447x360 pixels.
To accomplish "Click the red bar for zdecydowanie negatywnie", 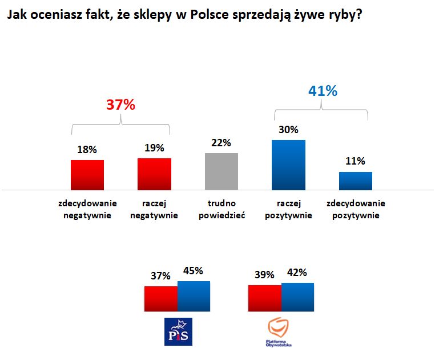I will [x=87, y=174].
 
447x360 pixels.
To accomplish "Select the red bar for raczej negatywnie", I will [x=154, y=174].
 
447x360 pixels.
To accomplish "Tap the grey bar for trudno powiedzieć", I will [x=221, y=171].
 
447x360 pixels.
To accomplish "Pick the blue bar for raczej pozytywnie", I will [x=288, y=165].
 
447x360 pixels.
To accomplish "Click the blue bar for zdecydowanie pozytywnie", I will [x=356, y=181].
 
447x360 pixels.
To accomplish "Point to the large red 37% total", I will [x=120, y=105].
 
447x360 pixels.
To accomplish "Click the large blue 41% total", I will [x=323, y=91].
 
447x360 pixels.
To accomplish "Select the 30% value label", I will [x=288, y=130].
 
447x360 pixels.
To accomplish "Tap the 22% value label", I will [x=221, y=143].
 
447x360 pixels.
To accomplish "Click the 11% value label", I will [x=356, y=162].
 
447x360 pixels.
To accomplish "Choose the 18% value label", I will [x=87, y=150].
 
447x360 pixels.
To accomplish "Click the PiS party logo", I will [x=178, y=331].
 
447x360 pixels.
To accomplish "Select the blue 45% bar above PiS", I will [x=194, y=297].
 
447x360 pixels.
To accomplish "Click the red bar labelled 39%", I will [x=264, y=298].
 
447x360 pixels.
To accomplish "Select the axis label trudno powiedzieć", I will [x=222, y=209].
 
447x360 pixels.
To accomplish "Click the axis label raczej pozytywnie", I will [x=288, y=209].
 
